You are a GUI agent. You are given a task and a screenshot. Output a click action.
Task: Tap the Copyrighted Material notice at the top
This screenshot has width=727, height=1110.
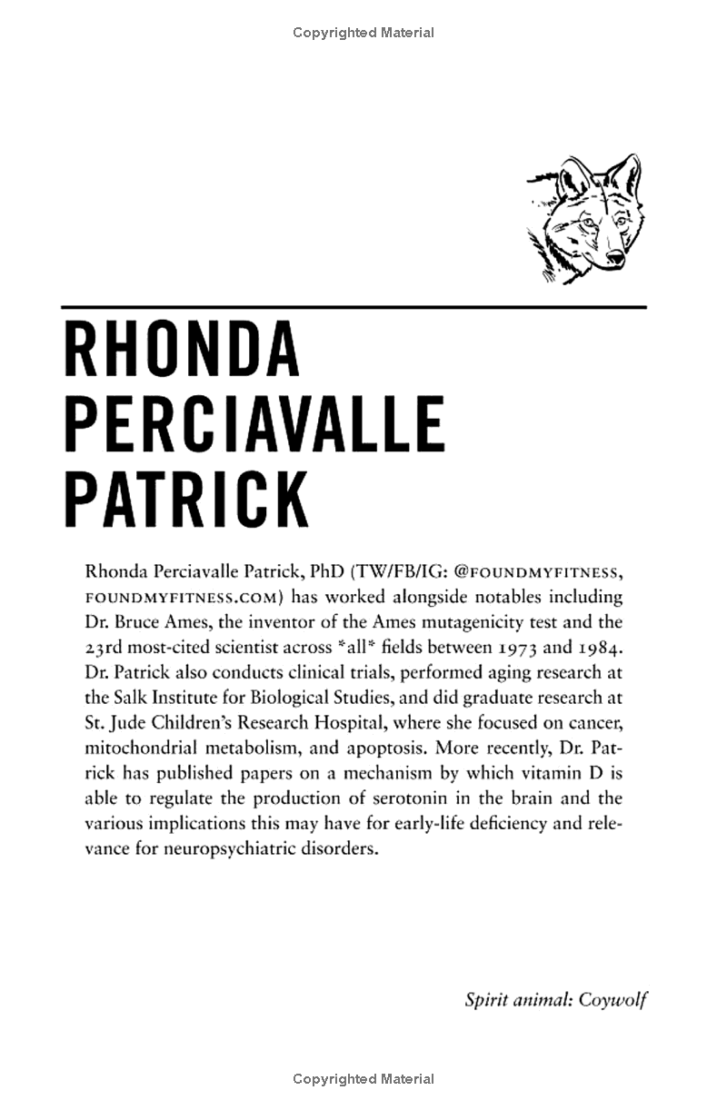pos(363,33)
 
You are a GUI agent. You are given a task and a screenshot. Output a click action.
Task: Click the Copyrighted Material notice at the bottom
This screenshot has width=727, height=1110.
pos(363,1079)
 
